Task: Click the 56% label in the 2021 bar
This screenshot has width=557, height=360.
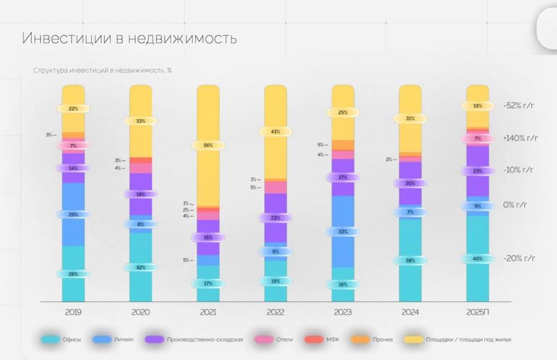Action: [208, 145]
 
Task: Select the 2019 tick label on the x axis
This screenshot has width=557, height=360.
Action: [73, 312]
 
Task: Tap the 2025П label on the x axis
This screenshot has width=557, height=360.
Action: [477, 312]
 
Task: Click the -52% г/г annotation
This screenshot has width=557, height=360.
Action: [518, 106]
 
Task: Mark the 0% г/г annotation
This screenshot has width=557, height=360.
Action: [519, 205]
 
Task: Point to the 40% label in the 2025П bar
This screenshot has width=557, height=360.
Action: [477, 259]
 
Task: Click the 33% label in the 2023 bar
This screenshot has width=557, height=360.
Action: [343, 231]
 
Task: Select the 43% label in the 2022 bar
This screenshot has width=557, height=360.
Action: [275, 132]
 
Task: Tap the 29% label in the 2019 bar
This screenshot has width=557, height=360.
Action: [73, 214]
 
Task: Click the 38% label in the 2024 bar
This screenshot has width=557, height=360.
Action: [410, 260]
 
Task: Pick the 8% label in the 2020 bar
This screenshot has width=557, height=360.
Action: [140, 225]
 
